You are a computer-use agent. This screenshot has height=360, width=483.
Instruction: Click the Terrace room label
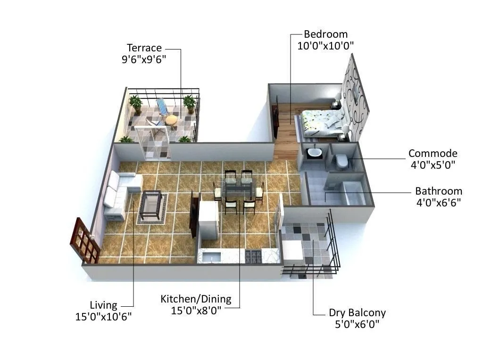[144, 48]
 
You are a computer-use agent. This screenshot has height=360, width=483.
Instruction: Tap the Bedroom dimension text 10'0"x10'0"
[325, 46]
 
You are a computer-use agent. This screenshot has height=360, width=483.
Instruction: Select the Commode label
[433, 154]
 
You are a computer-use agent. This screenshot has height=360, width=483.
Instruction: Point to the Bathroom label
[439, 191]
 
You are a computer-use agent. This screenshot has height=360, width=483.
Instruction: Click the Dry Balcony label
[357, 313]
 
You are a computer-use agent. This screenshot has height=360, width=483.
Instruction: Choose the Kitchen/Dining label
[196, 299]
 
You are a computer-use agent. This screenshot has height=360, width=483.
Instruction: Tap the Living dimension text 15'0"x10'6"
[103, 317]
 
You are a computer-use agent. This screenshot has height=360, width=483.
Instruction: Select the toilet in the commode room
[341, 161]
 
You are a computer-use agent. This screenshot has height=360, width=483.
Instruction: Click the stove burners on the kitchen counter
[254, 256]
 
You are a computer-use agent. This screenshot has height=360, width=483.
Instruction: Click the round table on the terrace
[171, 121]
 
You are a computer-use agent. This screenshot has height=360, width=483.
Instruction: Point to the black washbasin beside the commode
[313, 153]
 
